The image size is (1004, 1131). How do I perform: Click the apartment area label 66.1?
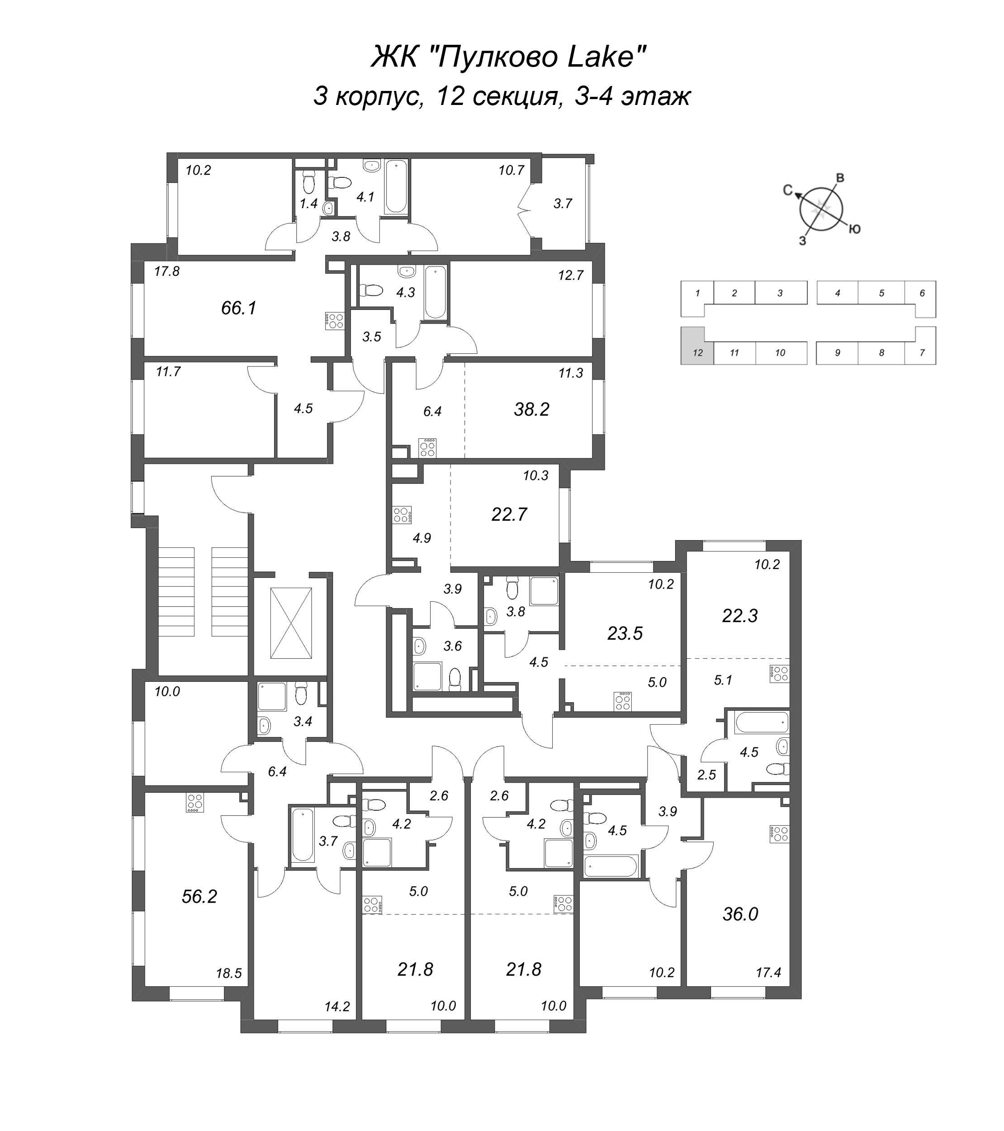(x=238, y=308)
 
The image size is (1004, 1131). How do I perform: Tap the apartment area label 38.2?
(x=531, y=409)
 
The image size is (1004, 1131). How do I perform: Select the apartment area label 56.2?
(x=199, y=896)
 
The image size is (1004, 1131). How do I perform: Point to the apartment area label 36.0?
(x=740, y=914)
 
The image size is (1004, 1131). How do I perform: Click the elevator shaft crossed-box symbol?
(x=291, y=623)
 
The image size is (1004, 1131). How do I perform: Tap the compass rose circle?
(x=821, y=209)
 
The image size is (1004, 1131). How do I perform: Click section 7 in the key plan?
(x=922, y=352)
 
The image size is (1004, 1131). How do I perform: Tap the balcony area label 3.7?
(x=563, y=204)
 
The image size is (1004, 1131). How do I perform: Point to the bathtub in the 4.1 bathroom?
(x=396, y=187)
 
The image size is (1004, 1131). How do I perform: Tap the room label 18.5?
(x=228, y=973)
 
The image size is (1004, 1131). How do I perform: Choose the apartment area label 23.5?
(x=625, y=633)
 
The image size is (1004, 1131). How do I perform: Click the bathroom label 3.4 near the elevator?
(x=303, y=721)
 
